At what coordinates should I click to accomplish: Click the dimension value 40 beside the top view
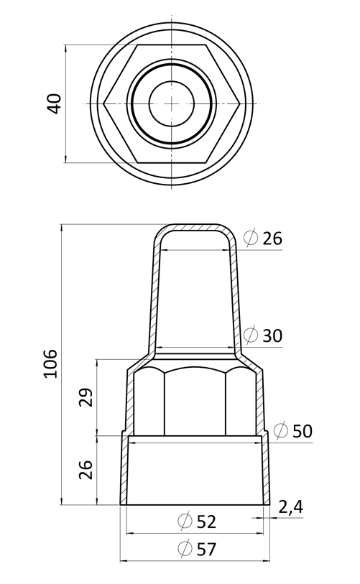[x=55, y=103]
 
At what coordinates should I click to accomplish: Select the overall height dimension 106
[x=51, y=364]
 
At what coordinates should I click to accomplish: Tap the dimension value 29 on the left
[x=86, y=397]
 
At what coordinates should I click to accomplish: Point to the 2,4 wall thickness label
[x=291, y=507]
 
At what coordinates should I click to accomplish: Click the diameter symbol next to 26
[x=251, y=238]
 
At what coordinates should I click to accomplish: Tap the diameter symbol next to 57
[x=185, y=549]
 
